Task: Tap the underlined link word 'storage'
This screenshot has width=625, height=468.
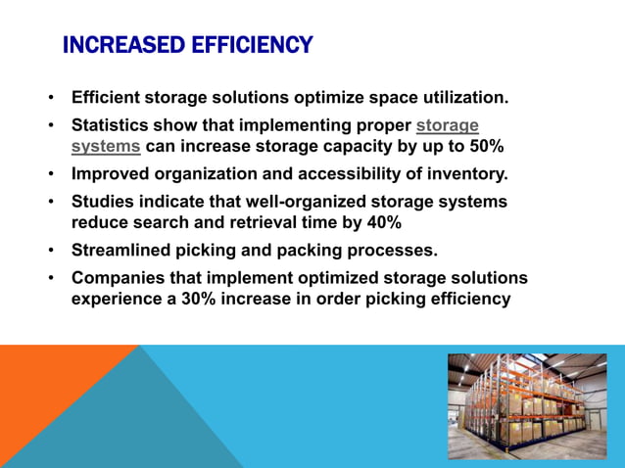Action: tap(448, 125)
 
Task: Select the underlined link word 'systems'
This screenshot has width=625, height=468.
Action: tap(106, 148)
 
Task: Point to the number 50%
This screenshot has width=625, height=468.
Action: tap(484, 148)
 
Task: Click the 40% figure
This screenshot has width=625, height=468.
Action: tap(381, 223)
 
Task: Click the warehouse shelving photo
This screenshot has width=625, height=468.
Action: tap(527, 405)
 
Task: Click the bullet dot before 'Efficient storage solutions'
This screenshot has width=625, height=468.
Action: tap(50, 99)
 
